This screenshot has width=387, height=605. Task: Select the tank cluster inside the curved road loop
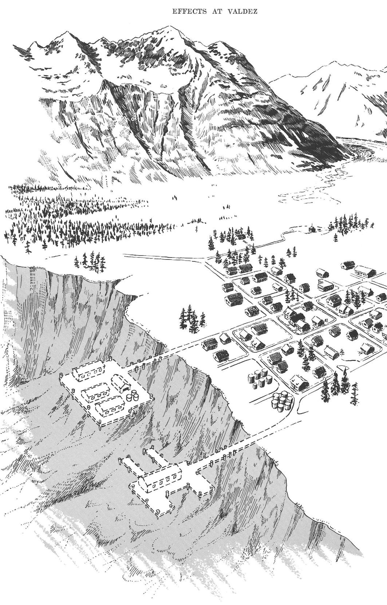coord(282,402)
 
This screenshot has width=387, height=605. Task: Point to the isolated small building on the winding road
coord(312,229)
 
